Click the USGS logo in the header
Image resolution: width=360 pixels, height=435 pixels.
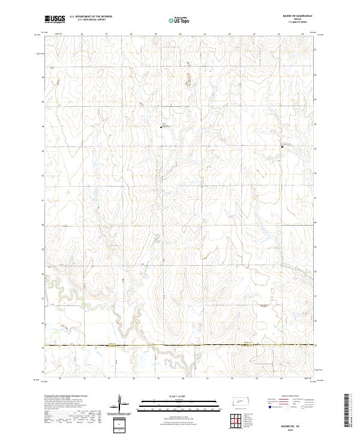(55, 19)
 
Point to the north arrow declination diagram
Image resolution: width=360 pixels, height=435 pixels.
(121, 405)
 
